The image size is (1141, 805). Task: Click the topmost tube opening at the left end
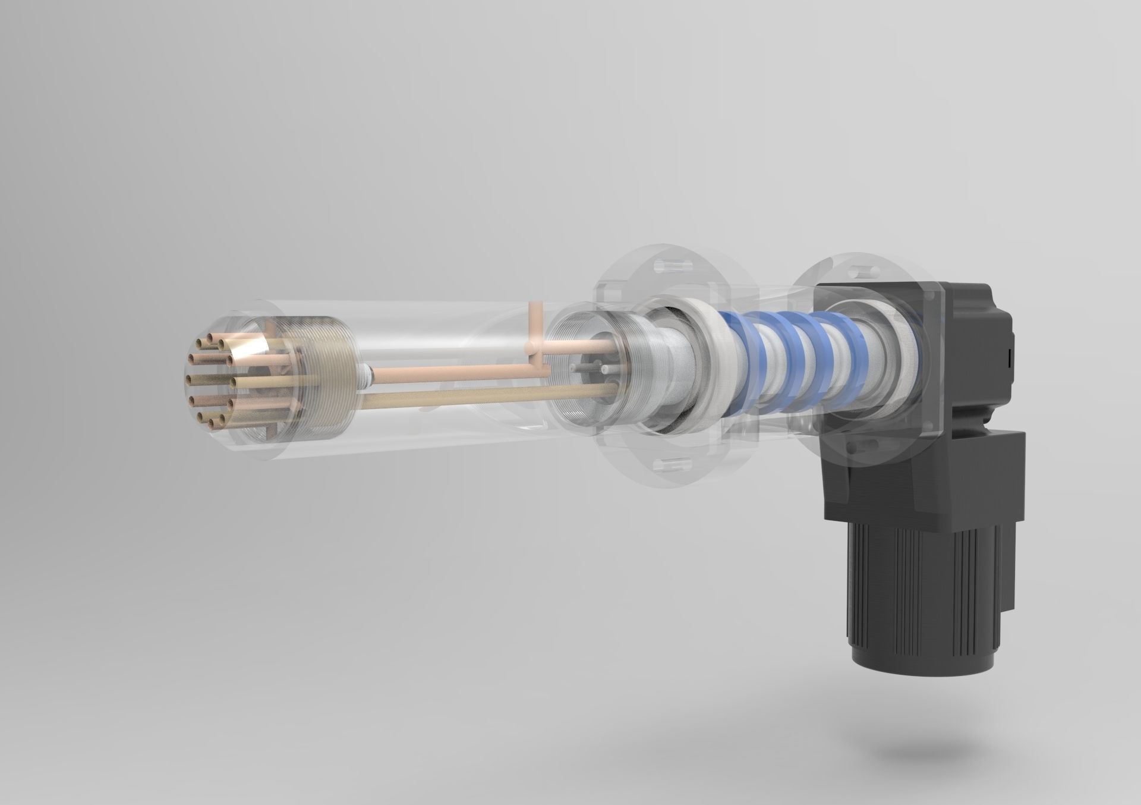point(206,339)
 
